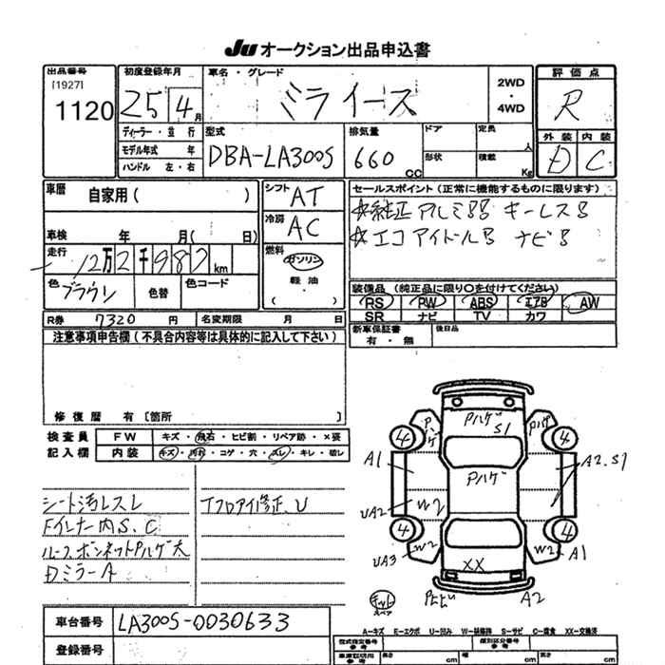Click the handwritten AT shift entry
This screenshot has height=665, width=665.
(307, 196)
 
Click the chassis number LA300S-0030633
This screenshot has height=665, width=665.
(198, 623)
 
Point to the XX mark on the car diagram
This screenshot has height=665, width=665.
(472, 564)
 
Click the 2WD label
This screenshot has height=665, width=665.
(510, 84)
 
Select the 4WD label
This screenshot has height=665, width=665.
(510, 108)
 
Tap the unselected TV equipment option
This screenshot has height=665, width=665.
(481, 315)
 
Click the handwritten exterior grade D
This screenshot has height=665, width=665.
(559, 162)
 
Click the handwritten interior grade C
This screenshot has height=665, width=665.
(597, 162)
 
